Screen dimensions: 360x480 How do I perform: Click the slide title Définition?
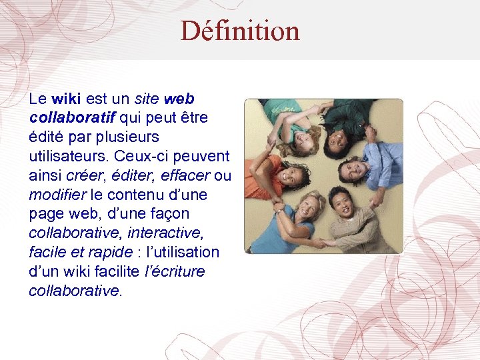[240, 31]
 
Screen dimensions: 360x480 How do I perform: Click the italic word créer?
[84, 176]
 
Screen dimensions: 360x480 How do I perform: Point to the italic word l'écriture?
[175, 272]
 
